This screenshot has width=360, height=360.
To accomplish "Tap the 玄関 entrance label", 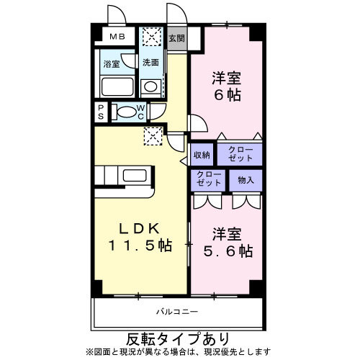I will tap(176, 37).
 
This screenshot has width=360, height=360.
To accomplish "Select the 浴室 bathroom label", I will tap(111, 63).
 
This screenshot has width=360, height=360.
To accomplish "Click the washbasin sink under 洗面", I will tap(150, 87).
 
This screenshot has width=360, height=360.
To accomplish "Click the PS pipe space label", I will tap(102, 112).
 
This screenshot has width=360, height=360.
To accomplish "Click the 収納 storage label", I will tap(202, 154).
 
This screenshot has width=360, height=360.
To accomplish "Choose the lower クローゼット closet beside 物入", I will tap(208, 179).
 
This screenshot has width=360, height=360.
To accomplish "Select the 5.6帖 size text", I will tap(226, 252).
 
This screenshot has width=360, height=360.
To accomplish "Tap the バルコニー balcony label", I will tap(176, 312).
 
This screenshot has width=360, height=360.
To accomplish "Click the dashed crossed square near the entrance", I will tap(152, 36).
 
